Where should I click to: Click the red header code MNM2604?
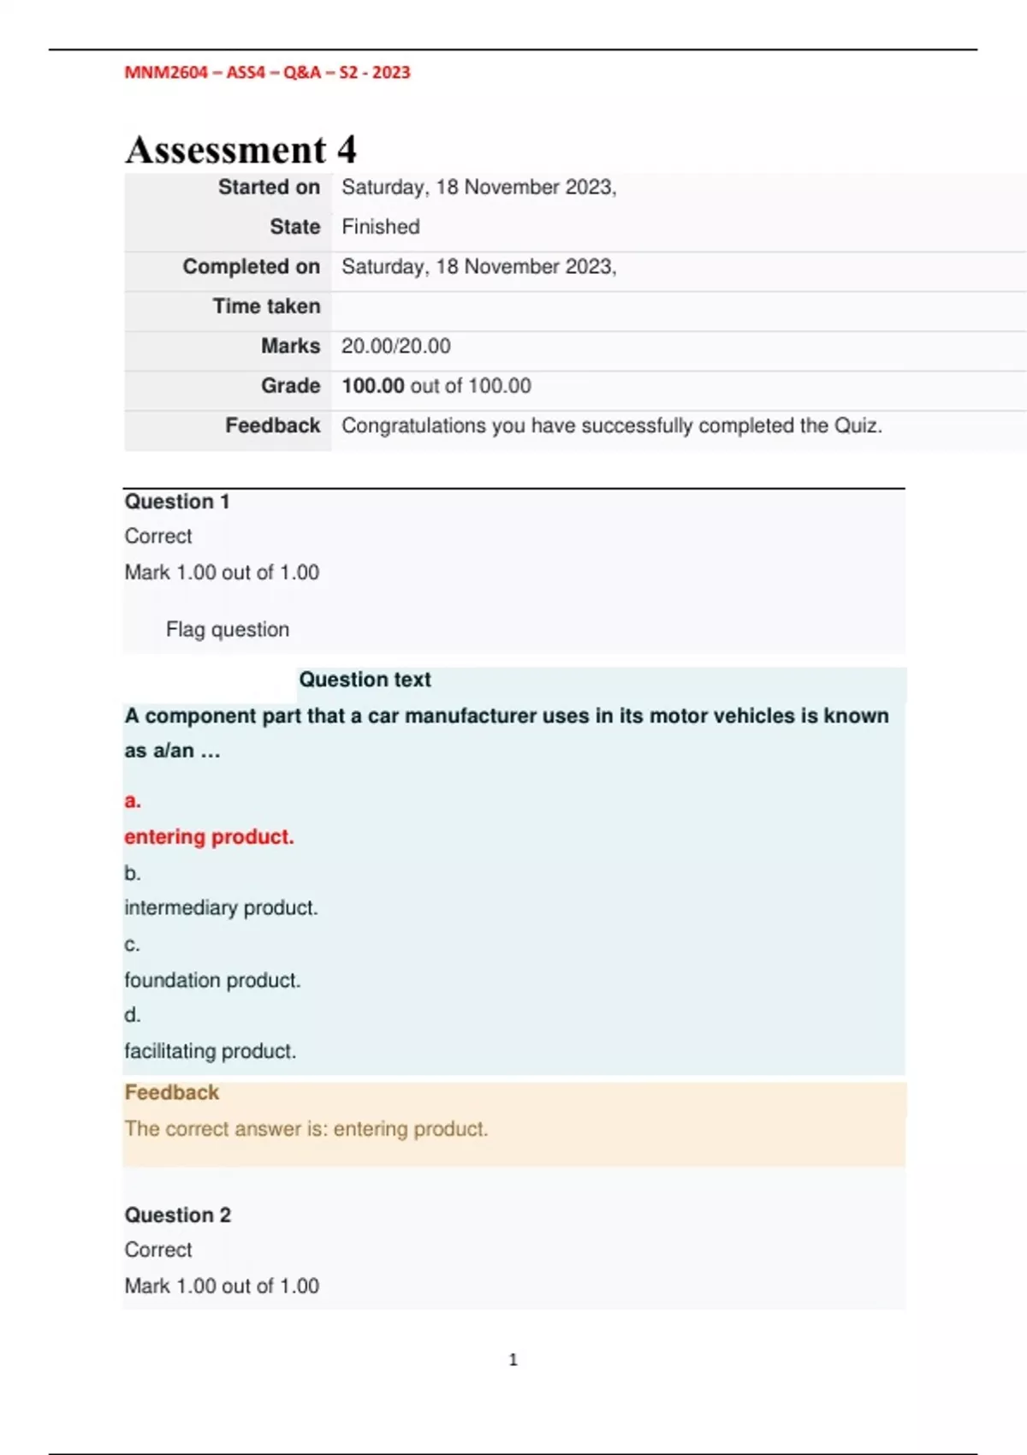[x=166, y=73]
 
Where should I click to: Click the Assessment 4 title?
[x=240, y=151]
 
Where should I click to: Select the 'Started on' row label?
[x=269, y=187]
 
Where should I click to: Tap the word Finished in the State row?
[x=381, y=227]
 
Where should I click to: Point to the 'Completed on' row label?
[x=251, y=267]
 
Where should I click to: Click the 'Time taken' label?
[x=266, y=306]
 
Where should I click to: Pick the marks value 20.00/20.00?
[x=395, y=347]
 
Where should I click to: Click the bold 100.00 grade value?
[x=372, y=386]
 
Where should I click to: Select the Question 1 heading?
[x=177, y=502]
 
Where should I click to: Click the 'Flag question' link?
[x=227, y=630]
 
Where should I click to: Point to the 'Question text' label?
[x=365, y=680]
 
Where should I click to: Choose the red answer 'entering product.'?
[x=209, y=837]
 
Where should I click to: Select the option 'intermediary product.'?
[x=221, y=908]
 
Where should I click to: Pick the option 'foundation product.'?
[x=212, y=980]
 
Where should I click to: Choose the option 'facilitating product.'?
[x=210, y=1051]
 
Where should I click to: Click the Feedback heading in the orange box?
[x=171, y=1093]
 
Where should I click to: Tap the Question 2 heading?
[x=177, y=1215]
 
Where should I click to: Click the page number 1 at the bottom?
[x=513, y=1360]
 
